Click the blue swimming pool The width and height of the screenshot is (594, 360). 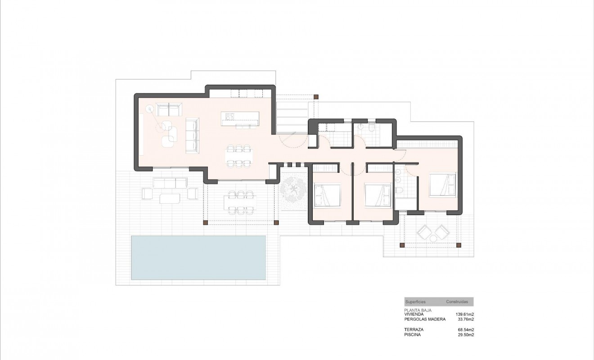point(198,257)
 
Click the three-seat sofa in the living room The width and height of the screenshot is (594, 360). point(192,135)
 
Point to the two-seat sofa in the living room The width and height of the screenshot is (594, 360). point(169,109)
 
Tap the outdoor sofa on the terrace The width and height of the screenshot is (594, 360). point(170,183)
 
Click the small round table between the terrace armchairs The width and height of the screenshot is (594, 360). point(432,234)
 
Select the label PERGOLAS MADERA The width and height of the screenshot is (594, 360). point(425,319)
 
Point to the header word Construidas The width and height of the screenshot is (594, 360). point(457,301)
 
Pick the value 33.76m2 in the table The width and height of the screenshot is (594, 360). point(466,319)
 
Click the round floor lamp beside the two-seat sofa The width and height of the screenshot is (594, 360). point(149,108)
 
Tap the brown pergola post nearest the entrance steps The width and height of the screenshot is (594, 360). point(316,96)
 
